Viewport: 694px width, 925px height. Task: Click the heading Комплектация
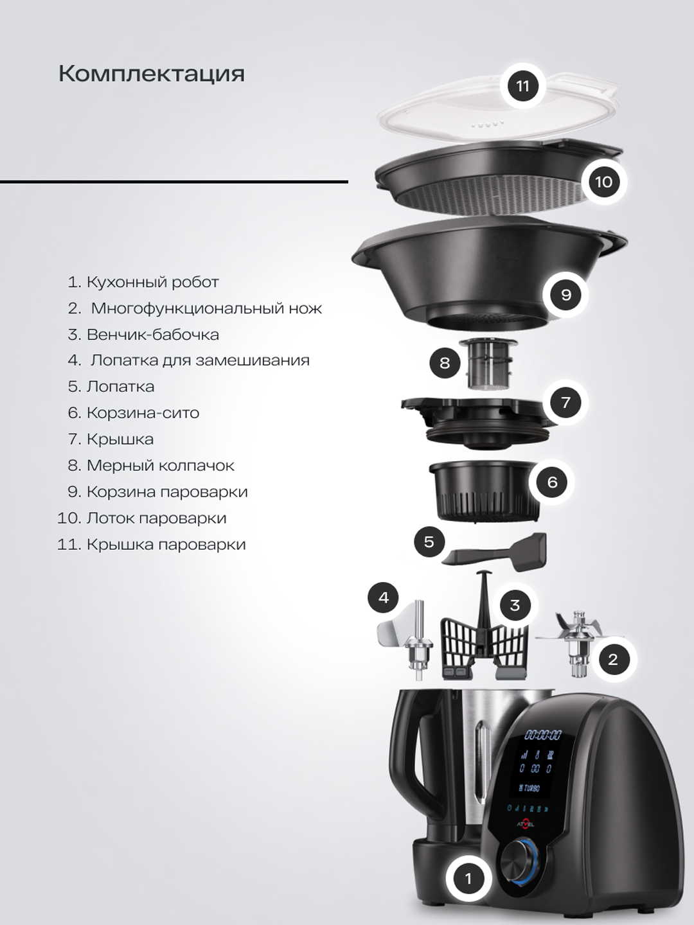[x=152, y=74]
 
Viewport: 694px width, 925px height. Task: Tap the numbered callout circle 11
[x=523, y=85]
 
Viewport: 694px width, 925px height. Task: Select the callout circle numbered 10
[x=603, y=182]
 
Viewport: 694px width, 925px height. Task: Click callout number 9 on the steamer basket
[x=566, y=295]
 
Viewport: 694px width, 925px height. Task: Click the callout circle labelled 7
[x=565, y=403]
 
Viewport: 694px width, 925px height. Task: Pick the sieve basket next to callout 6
[x=483, y=489]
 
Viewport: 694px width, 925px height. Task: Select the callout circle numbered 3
[x=515, y=605]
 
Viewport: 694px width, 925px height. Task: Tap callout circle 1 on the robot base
[x=468, y=878]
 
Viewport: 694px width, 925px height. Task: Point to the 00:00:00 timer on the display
[x=543, y=735]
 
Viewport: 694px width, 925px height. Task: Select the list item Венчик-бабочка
[x=152, y=335]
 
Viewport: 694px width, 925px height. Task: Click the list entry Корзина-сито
[x=143, y=413]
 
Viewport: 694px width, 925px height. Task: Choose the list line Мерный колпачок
[x=160, y=466]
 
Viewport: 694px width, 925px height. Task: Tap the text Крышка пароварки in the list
[x=166, y=545]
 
